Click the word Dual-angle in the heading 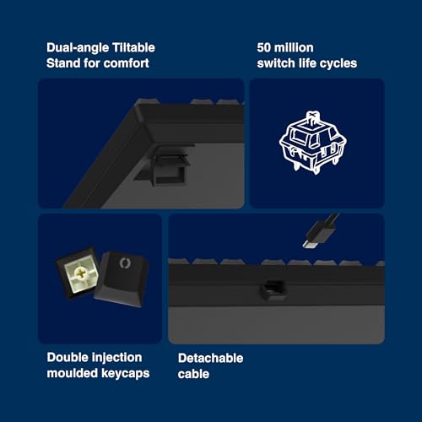click(x=78, y=48)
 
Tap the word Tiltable click(x=133, y=47)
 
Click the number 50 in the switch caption click(x=264, y=47)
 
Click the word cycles click(x=338, y=63)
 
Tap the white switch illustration click(x=313, y=143)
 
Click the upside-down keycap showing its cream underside click(x=78, y=273)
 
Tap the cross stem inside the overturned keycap click(x=80, y=273)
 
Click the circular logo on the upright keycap click(x=124, y=262)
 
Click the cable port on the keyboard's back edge click(x=273, y=289)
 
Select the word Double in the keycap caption click(x=68, y=358)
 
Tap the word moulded click(x=73, y=373)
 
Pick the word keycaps click(x=126, y=374)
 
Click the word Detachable click(x=211, y=359)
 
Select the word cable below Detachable click(x=193, y=374)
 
